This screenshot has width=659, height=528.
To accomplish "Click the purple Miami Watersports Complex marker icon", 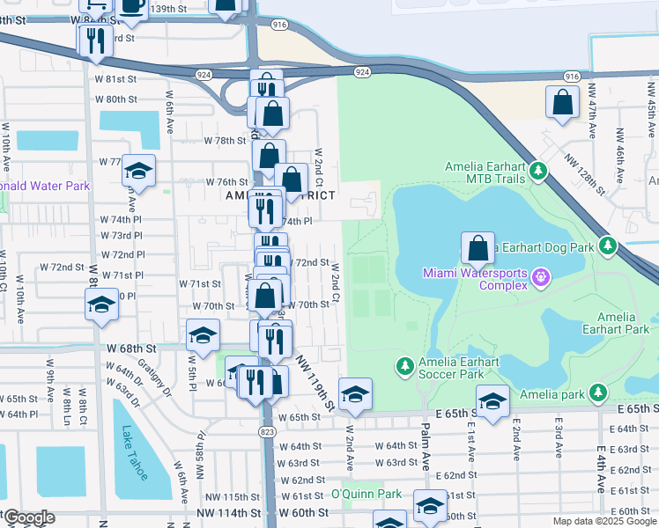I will (540, 279).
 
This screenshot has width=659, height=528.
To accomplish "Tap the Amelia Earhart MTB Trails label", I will (485, 172).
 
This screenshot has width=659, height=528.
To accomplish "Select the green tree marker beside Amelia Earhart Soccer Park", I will (404, 364).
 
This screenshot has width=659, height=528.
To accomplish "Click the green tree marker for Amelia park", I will (599, 392).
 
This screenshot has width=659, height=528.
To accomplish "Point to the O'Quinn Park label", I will (366, 495).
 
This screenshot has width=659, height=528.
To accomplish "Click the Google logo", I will (28, 517).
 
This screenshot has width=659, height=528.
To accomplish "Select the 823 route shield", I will (266, 432).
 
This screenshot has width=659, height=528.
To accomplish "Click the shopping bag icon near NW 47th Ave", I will (562, 103).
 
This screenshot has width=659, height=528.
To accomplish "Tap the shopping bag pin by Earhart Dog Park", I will (478, 249).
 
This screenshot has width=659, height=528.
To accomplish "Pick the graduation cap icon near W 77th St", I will (138, 171).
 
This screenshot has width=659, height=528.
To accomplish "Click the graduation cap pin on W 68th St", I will (203, 335).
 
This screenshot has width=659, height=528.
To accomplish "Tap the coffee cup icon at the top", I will (133, 6).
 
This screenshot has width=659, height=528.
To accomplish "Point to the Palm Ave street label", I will (425, 432).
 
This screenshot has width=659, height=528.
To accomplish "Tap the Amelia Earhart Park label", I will (622, 323).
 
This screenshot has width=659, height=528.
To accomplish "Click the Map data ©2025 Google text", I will (603, 521).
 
